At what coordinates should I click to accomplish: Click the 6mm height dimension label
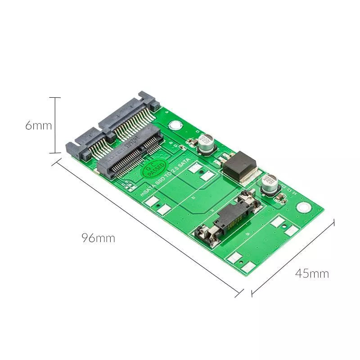coord(38,126)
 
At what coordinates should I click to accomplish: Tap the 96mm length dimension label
coord(98,238)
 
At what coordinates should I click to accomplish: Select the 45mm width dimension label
coord(312,273)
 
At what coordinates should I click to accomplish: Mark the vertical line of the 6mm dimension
coord(55,125)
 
